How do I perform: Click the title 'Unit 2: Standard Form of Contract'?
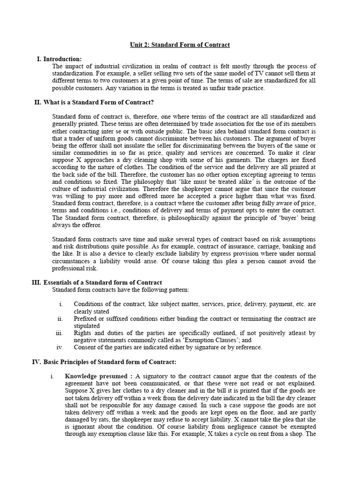pos(180,45)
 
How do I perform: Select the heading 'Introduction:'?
pos(62,59)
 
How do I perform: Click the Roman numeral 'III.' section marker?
pos(36,283)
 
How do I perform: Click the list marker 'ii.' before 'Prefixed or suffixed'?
pos(60,319)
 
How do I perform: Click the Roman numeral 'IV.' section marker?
pos(37,362)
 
